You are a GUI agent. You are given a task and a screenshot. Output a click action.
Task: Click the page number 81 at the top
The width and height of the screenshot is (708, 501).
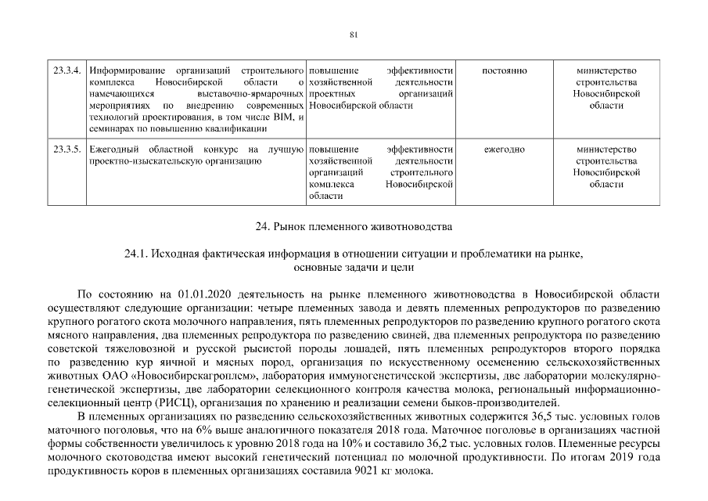[354, 34]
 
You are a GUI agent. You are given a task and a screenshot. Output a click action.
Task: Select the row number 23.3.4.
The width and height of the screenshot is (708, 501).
[66, 71]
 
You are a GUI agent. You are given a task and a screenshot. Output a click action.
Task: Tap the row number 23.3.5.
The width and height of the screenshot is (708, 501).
[66, 149]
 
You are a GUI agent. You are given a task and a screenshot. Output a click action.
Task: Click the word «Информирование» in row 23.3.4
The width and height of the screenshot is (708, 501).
[125, 71]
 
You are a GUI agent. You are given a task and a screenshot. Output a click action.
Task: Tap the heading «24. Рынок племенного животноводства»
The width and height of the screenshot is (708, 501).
[354, 228]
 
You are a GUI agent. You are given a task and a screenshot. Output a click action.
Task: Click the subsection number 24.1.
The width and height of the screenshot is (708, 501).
[136, 255]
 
